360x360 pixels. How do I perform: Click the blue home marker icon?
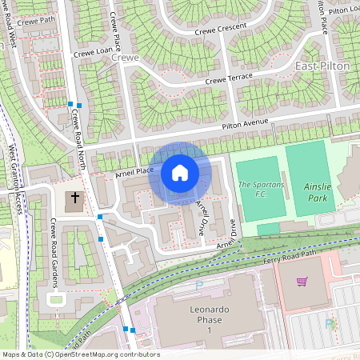coord(180,172)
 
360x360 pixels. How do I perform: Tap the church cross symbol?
coord(75,197)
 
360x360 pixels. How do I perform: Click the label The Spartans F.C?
coord(261,190)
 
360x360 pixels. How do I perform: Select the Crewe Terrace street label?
coord(228,78)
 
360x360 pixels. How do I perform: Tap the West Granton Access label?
coord(14,180)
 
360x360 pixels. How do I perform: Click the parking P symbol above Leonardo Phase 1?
coord(199,286)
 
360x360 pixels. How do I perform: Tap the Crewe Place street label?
coord(118,31)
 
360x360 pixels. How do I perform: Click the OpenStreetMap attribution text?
coord(80,354)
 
